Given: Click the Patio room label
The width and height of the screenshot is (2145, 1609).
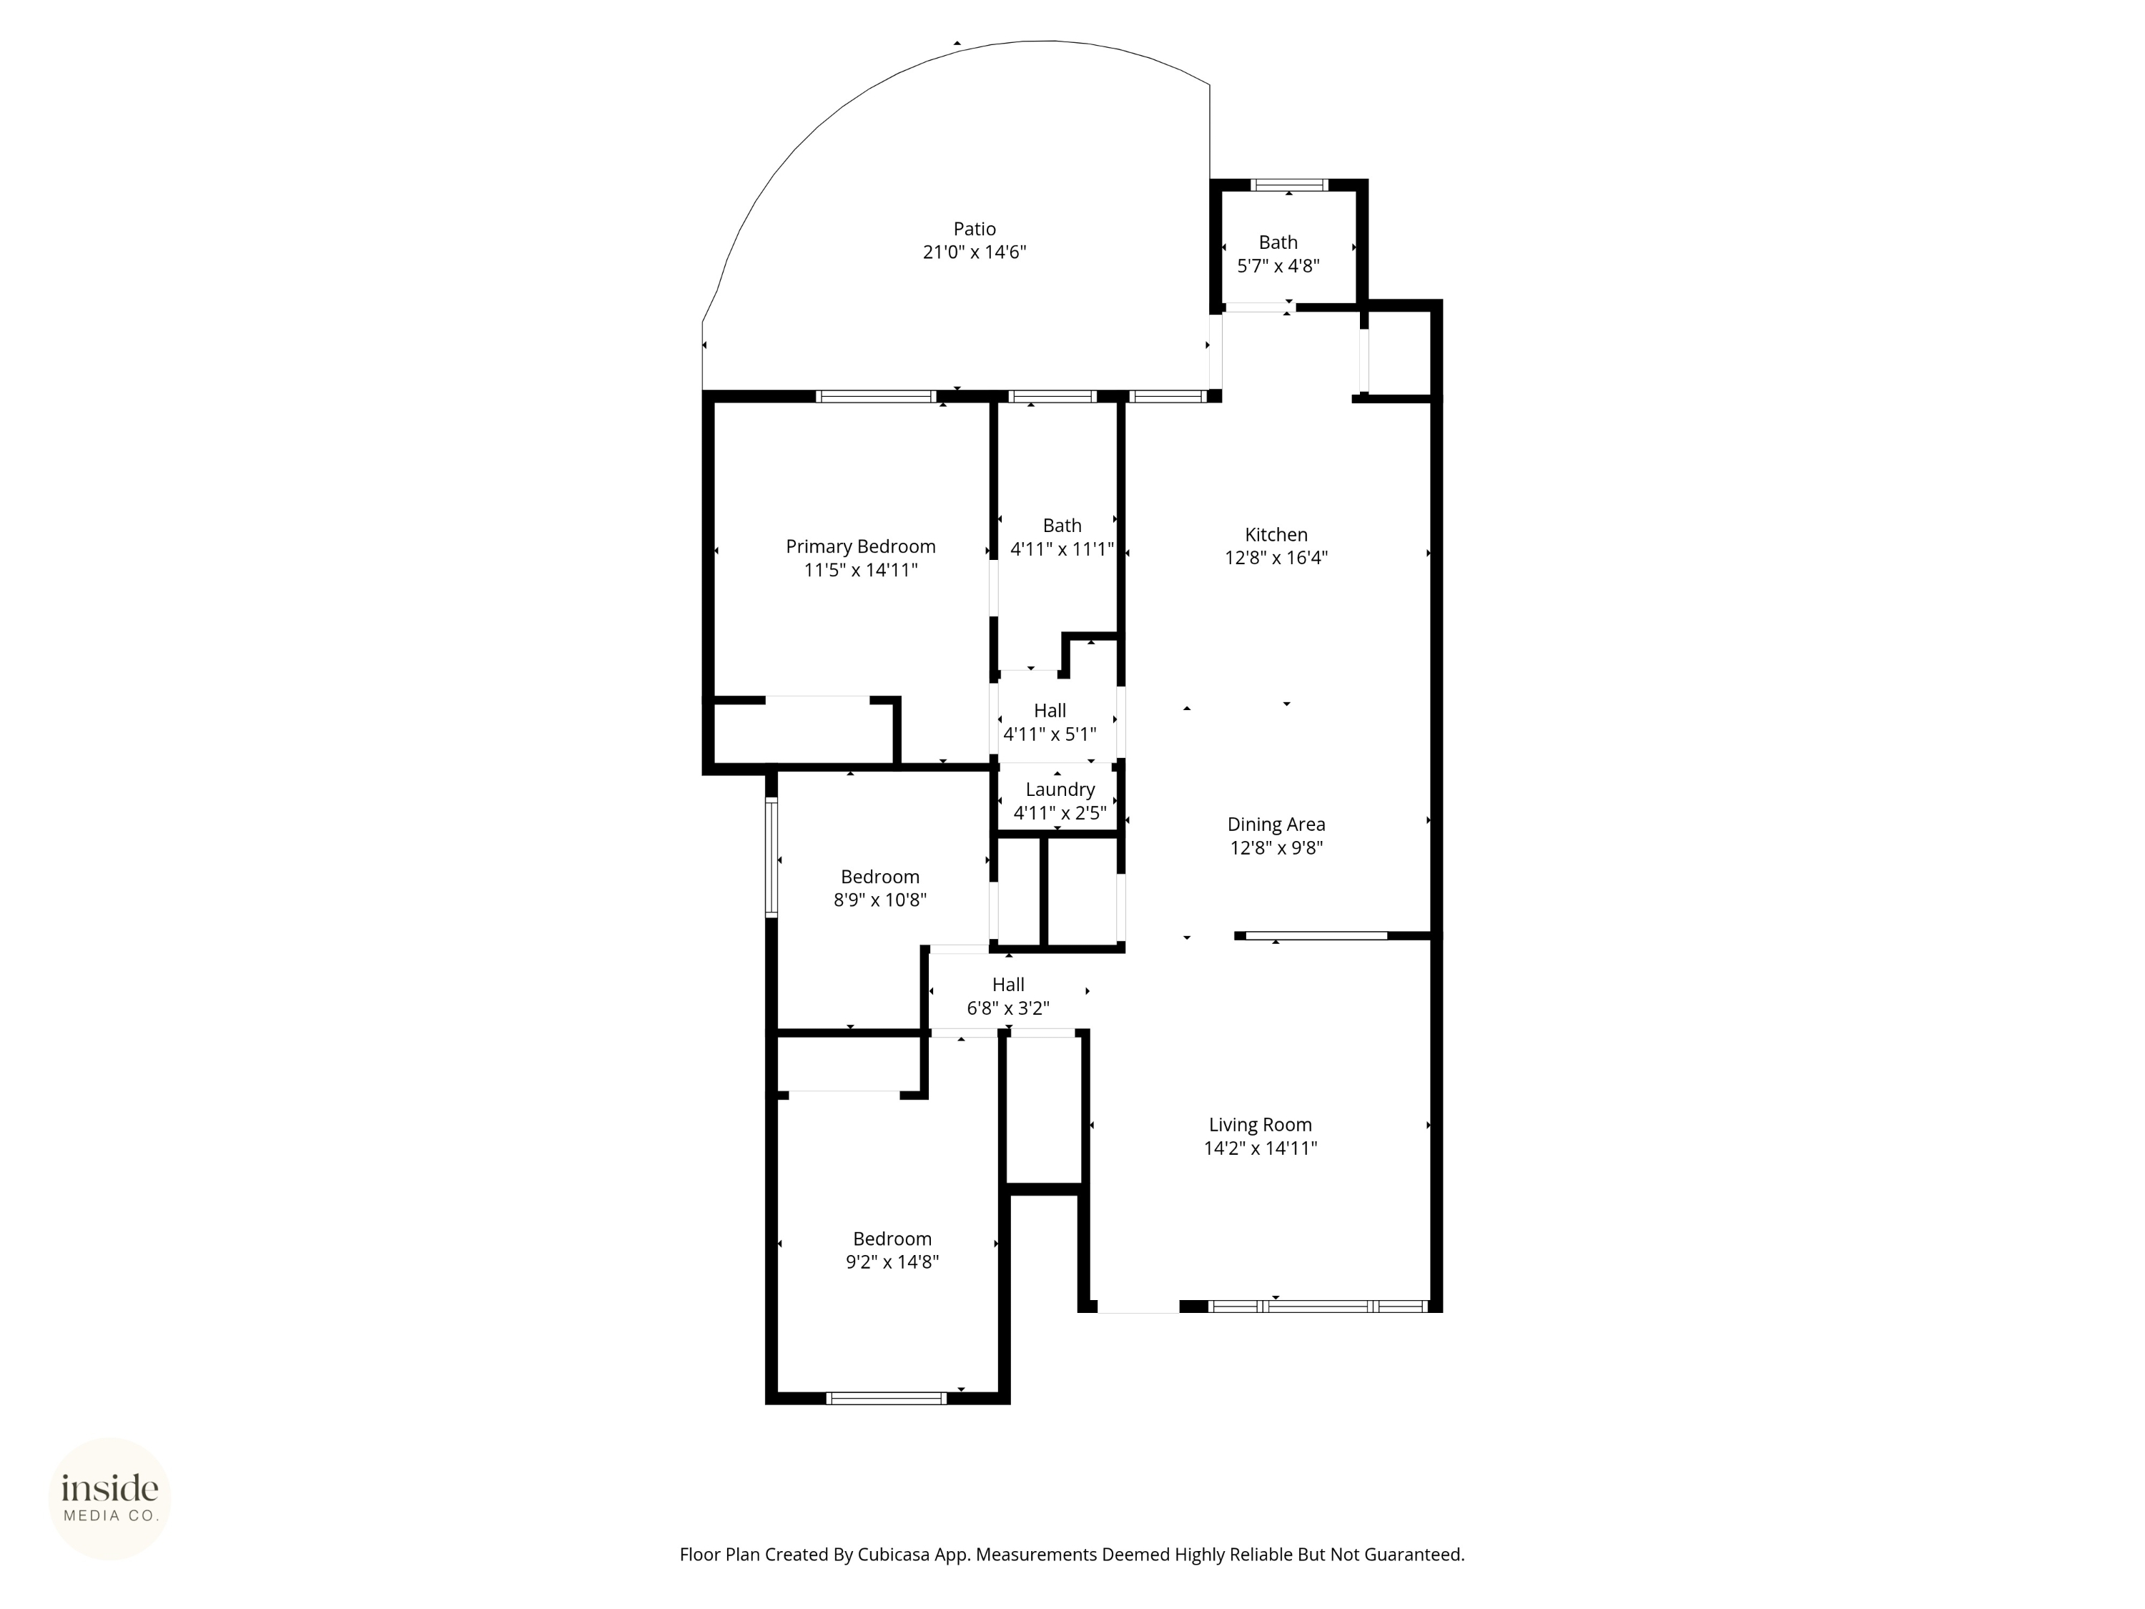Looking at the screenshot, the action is click(x=975, y=229).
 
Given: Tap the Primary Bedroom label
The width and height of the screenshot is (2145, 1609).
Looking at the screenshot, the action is click(x=860, y=547).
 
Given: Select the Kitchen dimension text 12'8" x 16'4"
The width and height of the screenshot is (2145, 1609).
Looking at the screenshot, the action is click(x=1276, y=558).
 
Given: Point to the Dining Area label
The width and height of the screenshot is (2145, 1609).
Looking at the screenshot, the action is click(x=1276, y=825).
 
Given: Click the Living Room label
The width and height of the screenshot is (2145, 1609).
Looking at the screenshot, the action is click(x=1260, y=1125).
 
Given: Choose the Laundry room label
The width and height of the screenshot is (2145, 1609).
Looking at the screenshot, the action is click(x=1060, y=789).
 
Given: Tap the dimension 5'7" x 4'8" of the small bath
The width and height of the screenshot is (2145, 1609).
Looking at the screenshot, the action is click(x=1278, y=266).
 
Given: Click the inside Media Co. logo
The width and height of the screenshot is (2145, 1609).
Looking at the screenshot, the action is click(x=109, y=1498).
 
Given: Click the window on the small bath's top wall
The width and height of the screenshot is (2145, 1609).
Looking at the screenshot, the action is click(x=1288, y=184).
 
